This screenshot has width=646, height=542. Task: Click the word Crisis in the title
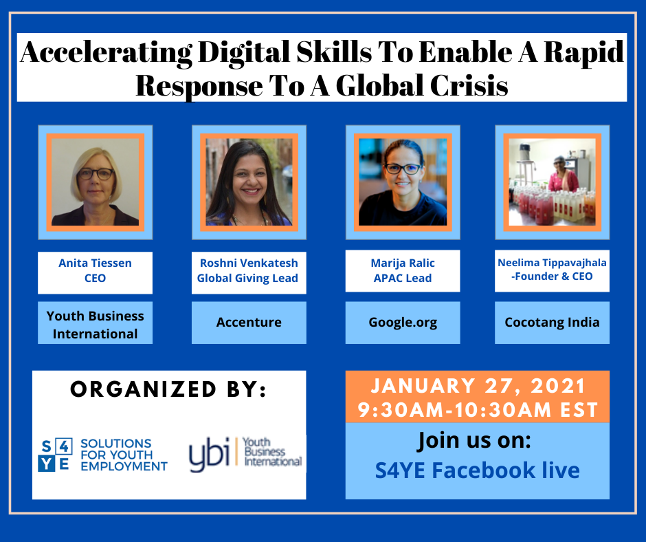point(469,86)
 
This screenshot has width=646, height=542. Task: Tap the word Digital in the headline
point(244,52)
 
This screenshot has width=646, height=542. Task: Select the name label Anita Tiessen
point(95,263)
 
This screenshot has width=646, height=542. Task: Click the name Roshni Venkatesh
point(249,263)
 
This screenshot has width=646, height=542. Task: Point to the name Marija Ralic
point(403,263)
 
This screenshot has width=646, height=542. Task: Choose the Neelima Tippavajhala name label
point(552,263)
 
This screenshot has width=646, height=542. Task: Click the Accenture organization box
point(249,322)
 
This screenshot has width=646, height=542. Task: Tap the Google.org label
point(403,322)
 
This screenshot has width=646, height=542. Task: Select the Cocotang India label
point(552,322)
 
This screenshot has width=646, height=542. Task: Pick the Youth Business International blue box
point(95,322)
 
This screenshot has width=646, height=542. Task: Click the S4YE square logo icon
point(55,455)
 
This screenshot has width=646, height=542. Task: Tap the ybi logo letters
point(209,455)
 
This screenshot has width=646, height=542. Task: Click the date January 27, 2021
point(478,386)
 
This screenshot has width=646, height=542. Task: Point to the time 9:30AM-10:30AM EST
point(478,410)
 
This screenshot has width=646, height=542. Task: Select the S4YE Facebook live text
point(478,470)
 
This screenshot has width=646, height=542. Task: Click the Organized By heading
point(168,389)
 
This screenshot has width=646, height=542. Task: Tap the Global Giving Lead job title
point(247,279)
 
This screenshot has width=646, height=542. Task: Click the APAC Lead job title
point(403,279)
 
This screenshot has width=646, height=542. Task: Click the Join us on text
point(475,440)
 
